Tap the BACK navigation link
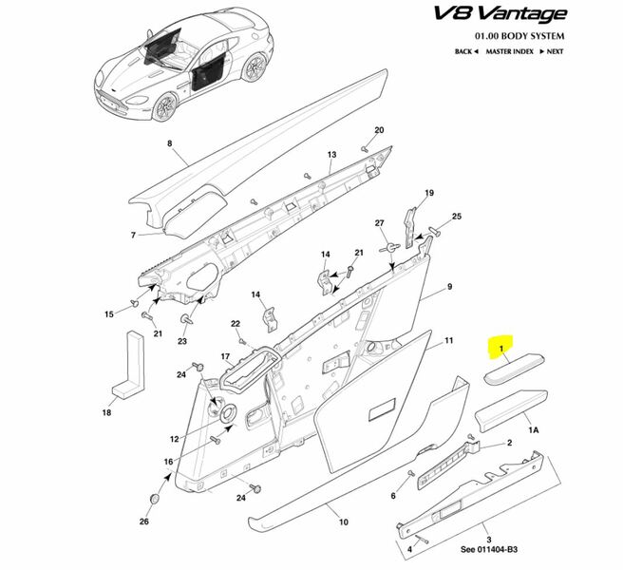pos(467,51)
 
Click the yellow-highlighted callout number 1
pos(500,351)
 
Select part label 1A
pos(534,429)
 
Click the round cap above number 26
pos(154,498)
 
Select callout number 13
pos(332,154)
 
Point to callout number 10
pos(344,522)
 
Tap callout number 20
pos(377,130)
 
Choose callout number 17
pos(227,357)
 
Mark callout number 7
pos(134,234)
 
